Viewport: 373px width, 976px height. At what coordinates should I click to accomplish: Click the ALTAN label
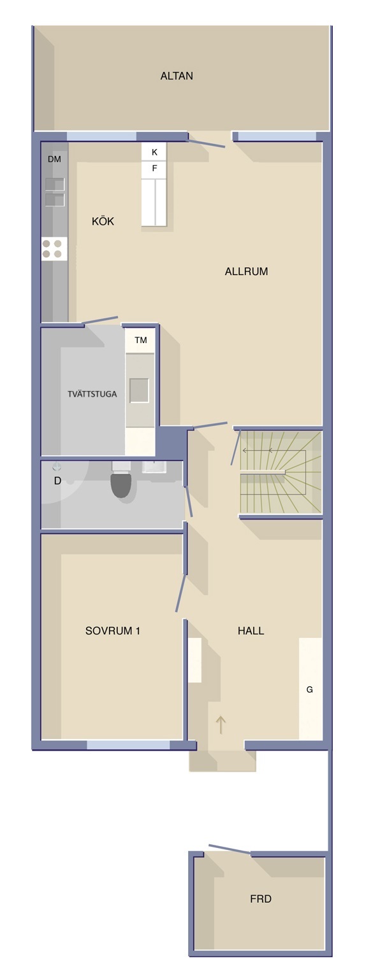coord(177,76)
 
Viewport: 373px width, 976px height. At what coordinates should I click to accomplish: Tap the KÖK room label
coord(103,221)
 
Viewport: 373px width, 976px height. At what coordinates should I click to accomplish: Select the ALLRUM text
coord(247,271)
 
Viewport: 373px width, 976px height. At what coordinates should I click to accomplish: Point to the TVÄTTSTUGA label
coord(92,394)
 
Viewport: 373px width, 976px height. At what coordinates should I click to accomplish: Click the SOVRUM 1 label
coord(113,630)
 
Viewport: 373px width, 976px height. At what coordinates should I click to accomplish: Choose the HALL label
coord(251,630)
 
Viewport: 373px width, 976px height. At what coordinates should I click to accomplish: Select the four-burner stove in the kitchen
coord(55,249)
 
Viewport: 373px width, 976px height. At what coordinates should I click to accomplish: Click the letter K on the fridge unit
coord(154,153)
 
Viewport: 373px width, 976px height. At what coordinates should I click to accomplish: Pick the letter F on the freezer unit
coord(154,168)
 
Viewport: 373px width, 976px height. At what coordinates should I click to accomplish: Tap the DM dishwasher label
coord(55,159)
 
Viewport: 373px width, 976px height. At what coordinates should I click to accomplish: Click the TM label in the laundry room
coord(141,340)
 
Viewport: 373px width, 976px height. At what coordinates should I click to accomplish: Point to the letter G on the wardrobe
coord(310,690)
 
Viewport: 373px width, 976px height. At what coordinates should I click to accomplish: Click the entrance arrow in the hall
coord(221,724)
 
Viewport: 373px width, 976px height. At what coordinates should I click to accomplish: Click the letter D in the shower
coord(57,481)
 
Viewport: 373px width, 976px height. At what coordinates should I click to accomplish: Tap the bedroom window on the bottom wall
coord(128,745)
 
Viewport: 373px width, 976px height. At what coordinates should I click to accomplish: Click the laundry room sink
coord(140,390)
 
